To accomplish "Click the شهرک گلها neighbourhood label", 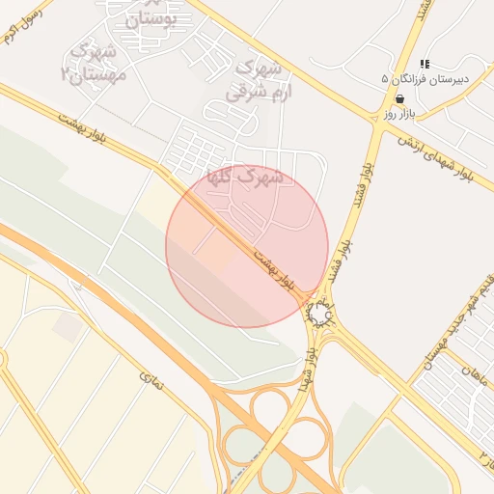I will click(x=245, y=178).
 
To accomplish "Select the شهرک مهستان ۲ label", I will click(x=94, y=61).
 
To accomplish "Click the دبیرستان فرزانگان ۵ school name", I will click(x=417, y=78).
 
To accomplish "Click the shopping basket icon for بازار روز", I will click(x=399, y=98).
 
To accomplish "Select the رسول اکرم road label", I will click(x=21, y=29).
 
